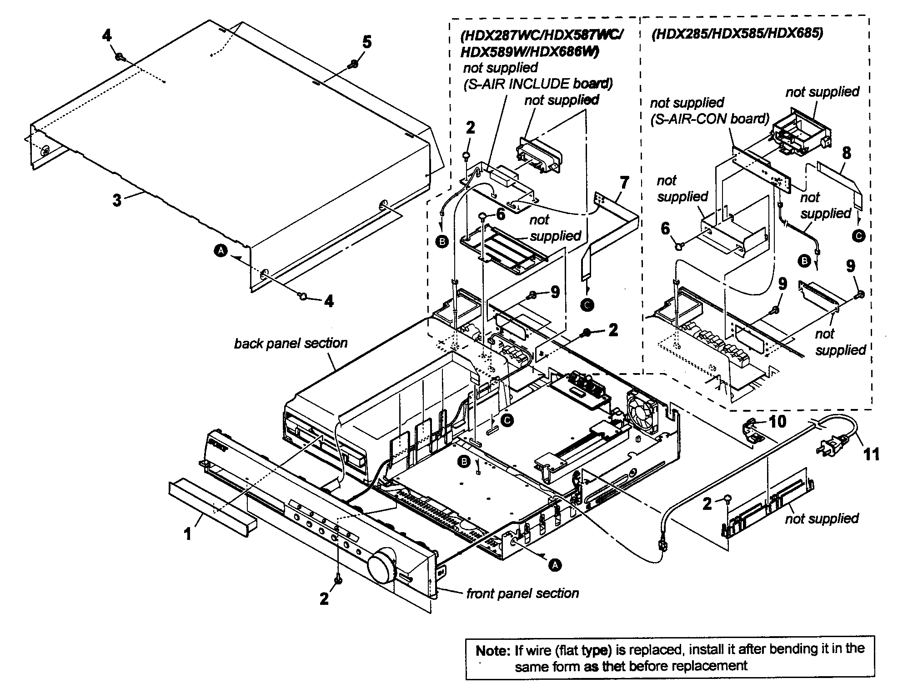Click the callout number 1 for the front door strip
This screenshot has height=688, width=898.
click(187, 534)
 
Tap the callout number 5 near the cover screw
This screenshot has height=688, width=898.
click(366, 42)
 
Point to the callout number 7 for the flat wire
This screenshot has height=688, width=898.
click(624, 183)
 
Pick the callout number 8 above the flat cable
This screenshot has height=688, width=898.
click(846, 153)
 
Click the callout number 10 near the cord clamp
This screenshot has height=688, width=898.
click(777, 421)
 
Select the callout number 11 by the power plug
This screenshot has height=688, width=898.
click(871, 454)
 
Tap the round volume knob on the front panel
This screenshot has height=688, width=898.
click(381, 565)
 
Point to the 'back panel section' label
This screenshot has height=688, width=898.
click(291, 343)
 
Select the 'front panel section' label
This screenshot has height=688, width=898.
click(522, 593)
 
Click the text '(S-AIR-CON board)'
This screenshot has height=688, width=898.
click(709, 119)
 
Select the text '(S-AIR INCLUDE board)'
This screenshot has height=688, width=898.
click(538, 84)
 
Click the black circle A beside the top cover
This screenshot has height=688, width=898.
click(221, 250)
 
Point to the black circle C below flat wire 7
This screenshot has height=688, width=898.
click(587, 305)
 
